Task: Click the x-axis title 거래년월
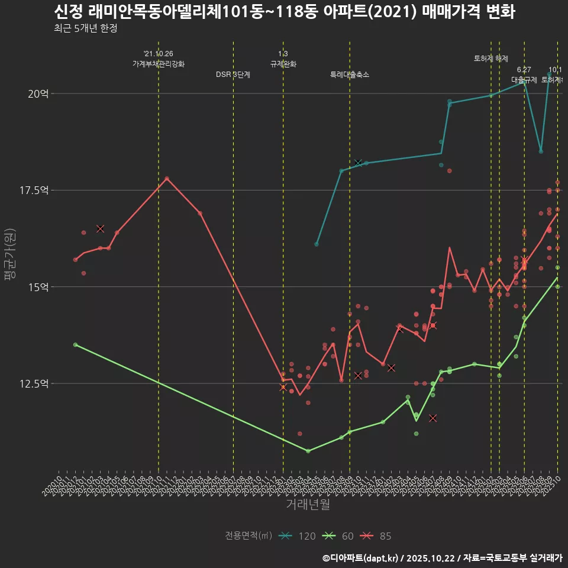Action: (x=308, y=504)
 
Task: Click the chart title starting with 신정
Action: (x=284, y=12)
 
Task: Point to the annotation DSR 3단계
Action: (x=233, y=75)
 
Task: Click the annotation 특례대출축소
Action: (x=350, y=75)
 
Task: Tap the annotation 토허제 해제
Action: (x=491, y=59)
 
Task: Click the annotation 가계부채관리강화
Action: (x=159, y=64)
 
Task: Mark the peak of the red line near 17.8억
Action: (x=167, y=178)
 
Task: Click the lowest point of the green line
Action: (x=308, y=451)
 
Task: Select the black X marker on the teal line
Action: (x=358, y=162)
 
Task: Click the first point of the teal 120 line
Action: (x=317, y=244)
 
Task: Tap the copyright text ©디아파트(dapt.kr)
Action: (x=361, y=558)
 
